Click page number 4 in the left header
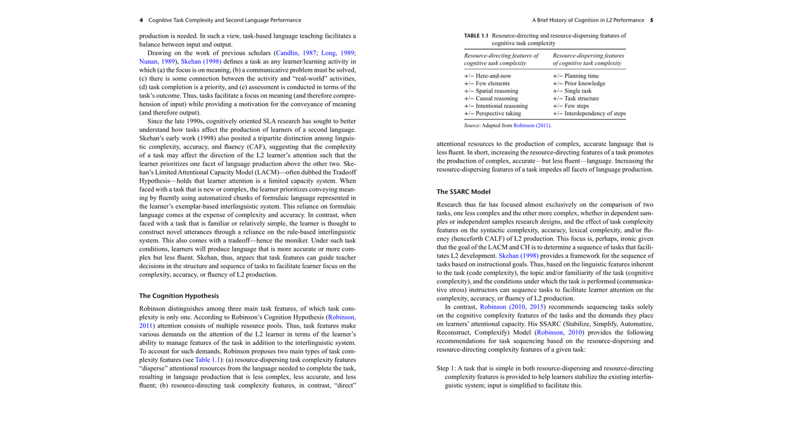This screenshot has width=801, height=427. tap(141, 20)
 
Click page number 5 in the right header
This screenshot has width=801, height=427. tap(651, 20)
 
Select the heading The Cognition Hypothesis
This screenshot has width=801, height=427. tap(178, 296)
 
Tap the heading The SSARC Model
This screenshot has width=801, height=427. tap(463, 192)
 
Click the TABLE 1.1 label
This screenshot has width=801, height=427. tap(476, 35)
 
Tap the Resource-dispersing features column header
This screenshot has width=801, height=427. tap(588, 59)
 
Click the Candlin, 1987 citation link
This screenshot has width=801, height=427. tap(295, 53)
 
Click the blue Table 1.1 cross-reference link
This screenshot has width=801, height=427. tap(208, 360)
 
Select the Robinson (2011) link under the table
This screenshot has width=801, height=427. tap(532, 126)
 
